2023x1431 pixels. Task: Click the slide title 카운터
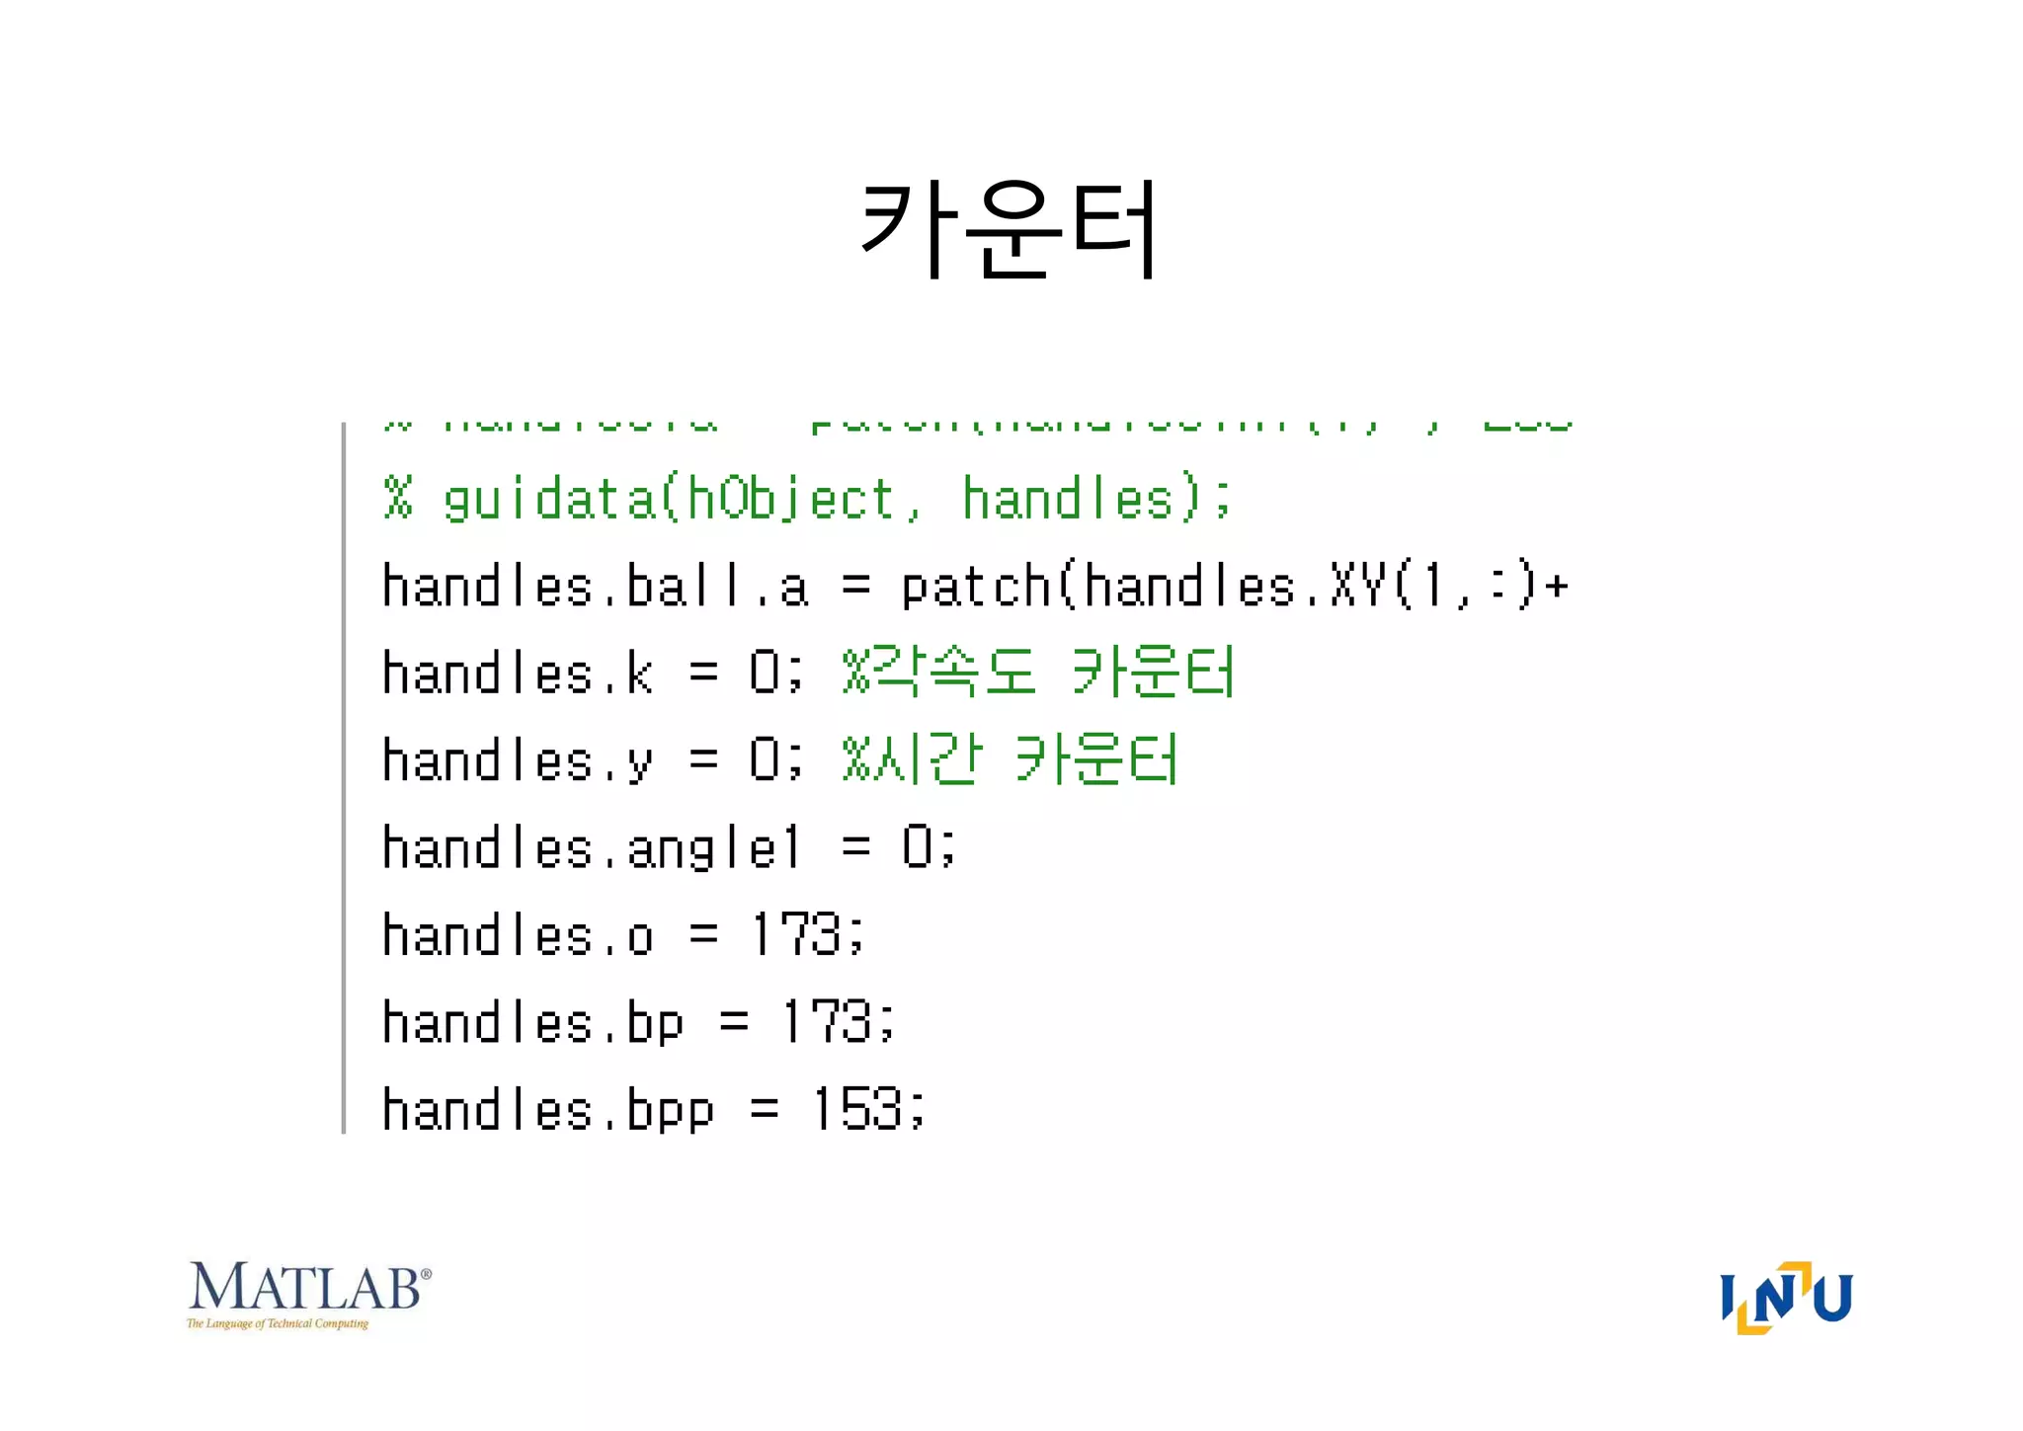click(x=1010, y=229)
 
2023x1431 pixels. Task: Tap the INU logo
click(x=1786, y=1298)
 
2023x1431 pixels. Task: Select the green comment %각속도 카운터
click(x=1038, y=674)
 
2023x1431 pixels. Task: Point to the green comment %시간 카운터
click(x=1010, y=760)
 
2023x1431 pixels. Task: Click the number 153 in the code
click(x=856, y=1109)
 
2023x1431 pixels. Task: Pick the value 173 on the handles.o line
click(x=796, y=934)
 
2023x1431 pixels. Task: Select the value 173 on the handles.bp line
click(x=826, y=1022)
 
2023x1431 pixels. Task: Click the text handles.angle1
click(x=591, y=848)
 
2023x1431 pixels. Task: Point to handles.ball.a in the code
click(x=595, y=587)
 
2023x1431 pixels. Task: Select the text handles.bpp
click(x=547, y=1109)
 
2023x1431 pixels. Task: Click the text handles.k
click(x=518, y=674)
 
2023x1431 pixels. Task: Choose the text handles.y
click(x=518, y=760)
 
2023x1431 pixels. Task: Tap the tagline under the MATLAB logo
click(x=278, y=1323)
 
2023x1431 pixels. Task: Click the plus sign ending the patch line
click(x=1557, y=587)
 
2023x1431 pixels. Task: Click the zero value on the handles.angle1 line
click(x=917, y=847)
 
